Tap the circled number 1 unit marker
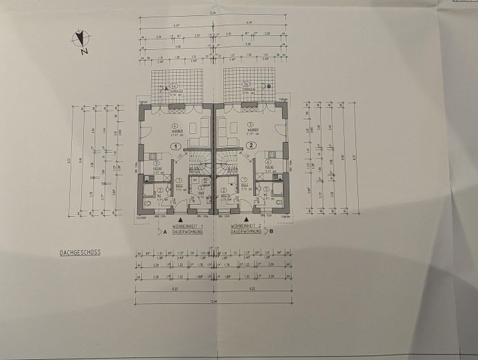pos(176,146)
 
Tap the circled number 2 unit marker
pos(251,146)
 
